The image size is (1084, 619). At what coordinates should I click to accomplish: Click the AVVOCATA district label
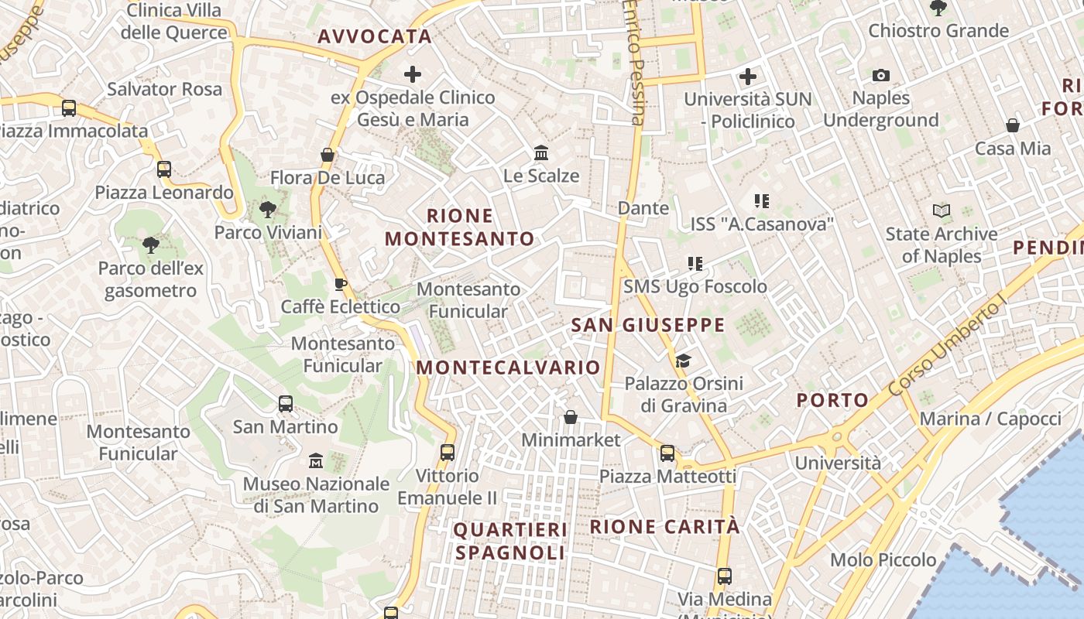click(x=375, y=36)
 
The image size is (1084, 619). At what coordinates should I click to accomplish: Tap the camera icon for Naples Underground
click(x=880, y=75)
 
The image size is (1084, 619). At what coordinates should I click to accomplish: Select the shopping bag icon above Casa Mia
click(x=1012, y=125)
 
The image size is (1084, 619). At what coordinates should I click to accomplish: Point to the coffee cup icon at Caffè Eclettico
click(x=340, y=284)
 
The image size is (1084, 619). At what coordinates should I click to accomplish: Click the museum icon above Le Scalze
click(x=541, y=152)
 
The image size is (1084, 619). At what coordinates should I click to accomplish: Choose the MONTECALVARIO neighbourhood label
click(x=509, y=368)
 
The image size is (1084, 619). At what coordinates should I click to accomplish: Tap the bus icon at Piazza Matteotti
click(x=667, y=453)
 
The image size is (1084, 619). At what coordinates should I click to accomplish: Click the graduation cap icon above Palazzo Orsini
click(x=682, y=361)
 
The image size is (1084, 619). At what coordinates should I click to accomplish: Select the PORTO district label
click(x=832, y=400)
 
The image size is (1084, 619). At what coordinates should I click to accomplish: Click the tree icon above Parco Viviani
click(x=268, y=209)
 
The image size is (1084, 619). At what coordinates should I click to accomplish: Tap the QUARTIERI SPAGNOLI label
click(x=510, y=541)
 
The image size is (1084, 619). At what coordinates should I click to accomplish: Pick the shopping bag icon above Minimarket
click(x=571, y=417)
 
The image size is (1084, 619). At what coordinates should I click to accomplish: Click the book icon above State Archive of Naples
click(x=942, y=210)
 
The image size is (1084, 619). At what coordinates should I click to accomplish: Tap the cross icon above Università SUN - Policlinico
click(x=747, y=77)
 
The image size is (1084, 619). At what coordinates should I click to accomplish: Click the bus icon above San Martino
click(x=286, y=403)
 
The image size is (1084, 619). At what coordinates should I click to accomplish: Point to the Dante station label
click(x=643, y=208)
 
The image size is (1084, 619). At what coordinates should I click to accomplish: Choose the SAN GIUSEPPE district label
click(x=648, y=325)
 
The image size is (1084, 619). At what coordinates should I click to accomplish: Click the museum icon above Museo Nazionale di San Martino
click(x=315, y=460)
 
